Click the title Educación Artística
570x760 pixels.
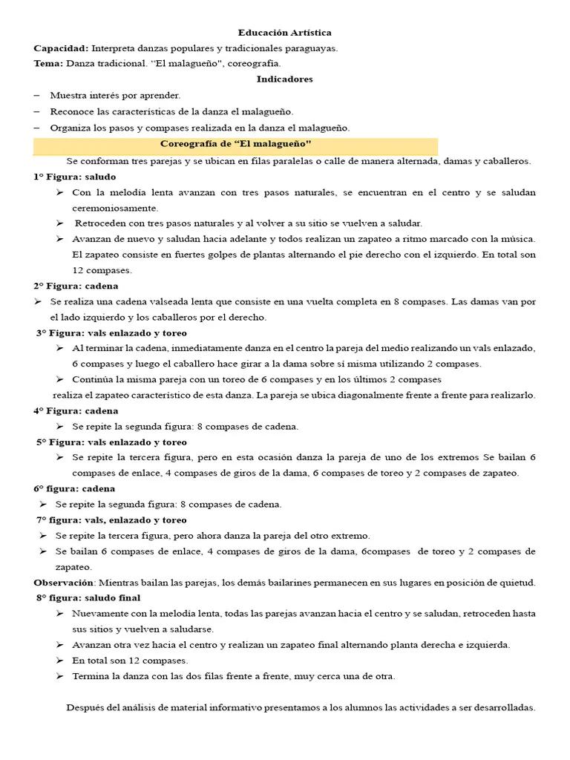(x=284, y=33)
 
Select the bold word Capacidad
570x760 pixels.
(x=61, y=48)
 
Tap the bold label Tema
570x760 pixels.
(x=48, y=64)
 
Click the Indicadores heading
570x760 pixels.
(x=284, y=79)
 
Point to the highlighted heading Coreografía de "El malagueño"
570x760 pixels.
(x=236, y=143)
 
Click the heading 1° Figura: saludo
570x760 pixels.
(x=75, y=177)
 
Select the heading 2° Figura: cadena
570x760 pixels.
(x=76, y=286)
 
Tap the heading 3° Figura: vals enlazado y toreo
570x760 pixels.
(x=112, y=332)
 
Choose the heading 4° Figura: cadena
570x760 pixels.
(x=76, y=410)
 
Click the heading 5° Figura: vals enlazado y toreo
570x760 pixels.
(x=112, y=442)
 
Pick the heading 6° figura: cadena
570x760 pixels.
(x=74, y=488)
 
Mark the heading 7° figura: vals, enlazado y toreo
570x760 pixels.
(x=112, y=520)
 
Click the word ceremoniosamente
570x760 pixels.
(x=115, y=208)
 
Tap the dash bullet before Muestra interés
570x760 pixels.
(x=38, y=96)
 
